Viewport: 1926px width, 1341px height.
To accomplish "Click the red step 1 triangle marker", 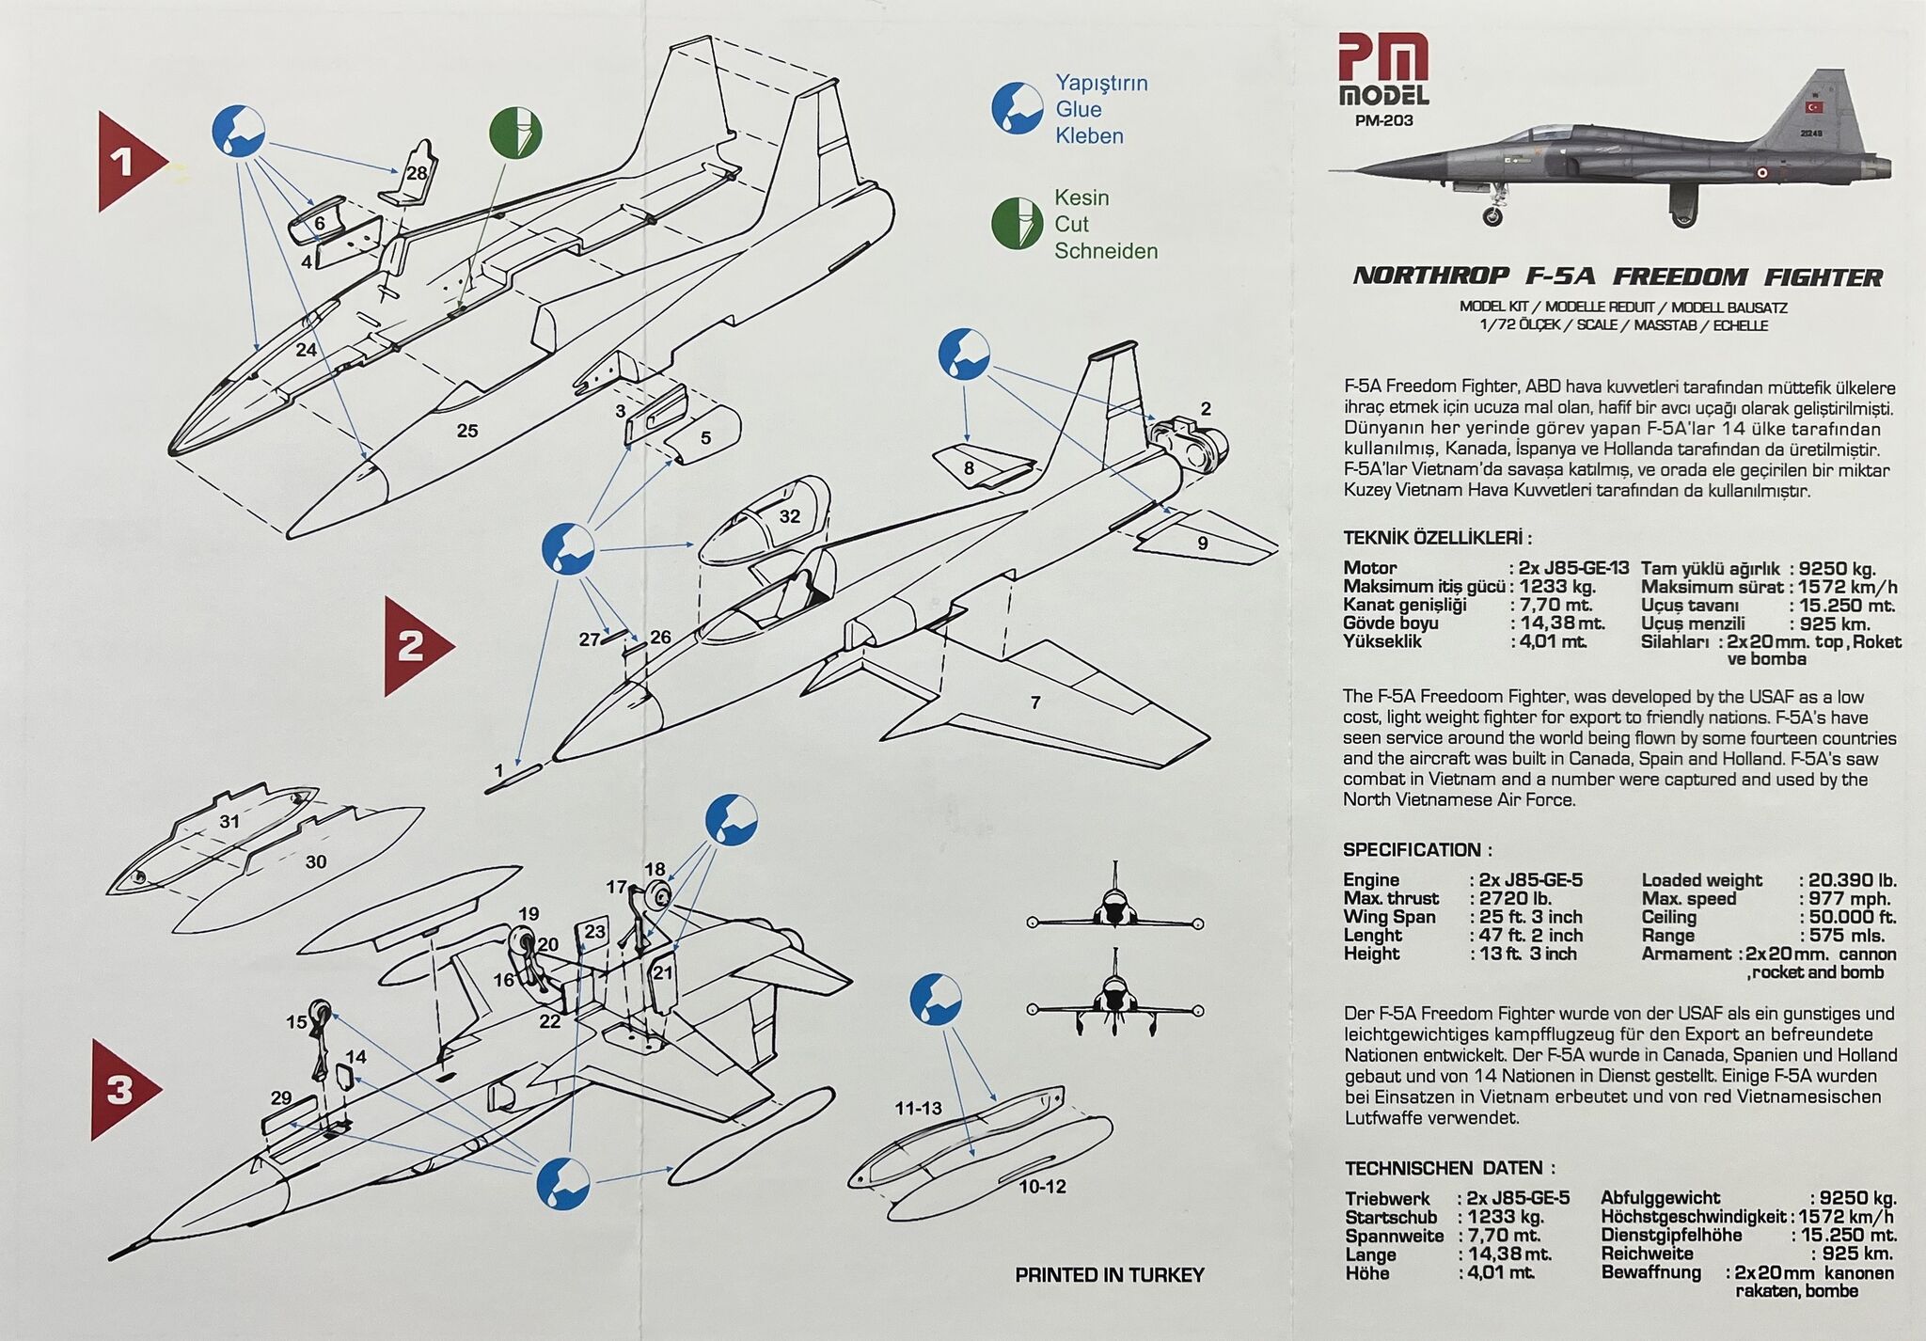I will pyautogui.click(x=127, y=162).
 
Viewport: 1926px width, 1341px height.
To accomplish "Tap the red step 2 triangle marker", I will pyautogui.click(x=414, y=646).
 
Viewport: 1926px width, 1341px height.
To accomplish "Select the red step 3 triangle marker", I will pyautogui.click(x=122, y=1090).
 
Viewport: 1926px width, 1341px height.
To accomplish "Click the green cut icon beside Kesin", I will pyautogui.click(x=1017, y=224).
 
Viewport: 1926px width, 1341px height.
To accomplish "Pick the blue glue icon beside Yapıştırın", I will pyautogui.click(x=1017, y=108).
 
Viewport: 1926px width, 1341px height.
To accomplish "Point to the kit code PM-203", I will pyautogui.click(x=1383, y=120).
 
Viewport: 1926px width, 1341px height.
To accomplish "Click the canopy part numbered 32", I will pyautogui.click(x=788, y=515).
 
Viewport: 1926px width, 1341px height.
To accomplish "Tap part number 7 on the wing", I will pyautogui.click(x=1035, y=702).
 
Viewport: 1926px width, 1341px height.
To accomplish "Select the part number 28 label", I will pyautogui.click(x=416, y=172).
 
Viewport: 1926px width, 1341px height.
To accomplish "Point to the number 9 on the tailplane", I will pyautogui.click(x=1202, y=543).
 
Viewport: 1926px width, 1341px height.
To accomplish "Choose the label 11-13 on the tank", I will pyautogui.click(x=918, y=1109).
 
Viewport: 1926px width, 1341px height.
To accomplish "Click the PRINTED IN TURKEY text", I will pyautogui.click(x=1109, y=1275).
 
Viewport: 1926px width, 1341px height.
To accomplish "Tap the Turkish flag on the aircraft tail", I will pyautogui.click(x=1812, y=107).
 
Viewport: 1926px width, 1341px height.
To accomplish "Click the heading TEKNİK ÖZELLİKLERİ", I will pyautogui.click(x=1437, y=538).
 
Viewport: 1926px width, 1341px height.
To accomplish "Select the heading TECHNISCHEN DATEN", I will pyautogui.click(x=1449, y=1168).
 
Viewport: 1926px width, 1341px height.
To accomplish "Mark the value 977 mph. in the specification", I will pyautogui.click(x=1849, y=898).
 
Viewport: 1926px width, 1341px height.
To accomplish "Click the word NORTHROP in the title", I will pyautogui.click(x=1430, y=276).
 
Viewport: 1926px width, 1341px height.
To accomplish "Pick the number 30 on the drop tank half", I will pyautogui.click(x=316, y=861).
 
